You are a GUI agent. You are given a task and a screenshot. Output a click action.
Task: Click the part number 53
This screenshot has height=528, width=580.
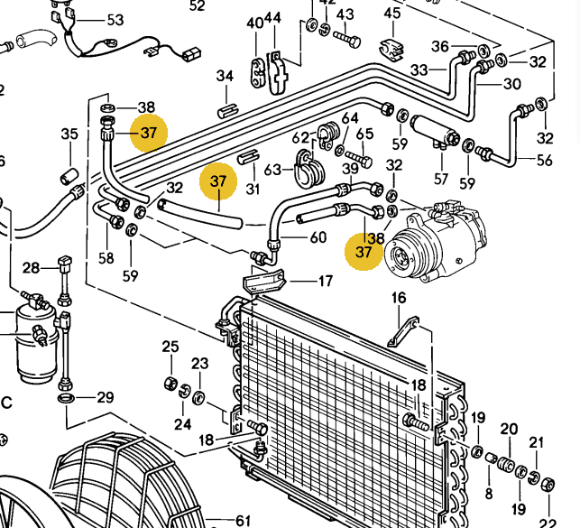click(x=115, y=20)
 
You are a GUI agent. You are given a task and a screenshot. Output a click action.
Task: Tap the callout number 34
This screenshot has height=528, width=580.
click(x=225, y=77)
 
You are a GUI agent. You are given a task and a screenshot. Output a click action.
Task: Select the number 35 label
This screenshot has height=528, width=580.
click(x=69, y=135)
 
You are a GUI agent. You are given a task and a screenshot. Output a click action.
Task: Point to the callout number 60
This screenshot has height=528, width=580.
click(x=318, y=238)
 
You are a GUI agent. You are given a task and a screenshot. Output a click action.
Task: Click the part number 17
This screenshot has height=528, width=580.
click(x=325, y=281)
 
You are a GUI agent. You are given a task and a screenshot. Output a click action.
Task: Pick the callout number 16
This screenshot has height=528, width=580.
click(x=399, y=299)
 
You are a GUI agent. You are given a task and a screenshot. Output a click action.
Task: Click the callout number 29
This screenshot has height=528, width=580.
click(x=106, y=398)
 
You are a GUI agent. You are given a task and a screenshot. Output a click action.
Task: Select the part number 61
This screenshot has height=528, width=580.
click(x=243, y=521)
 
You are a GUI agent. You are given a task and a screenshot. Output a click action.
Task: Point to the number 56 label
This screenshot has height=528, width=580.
click(x=544, y=161)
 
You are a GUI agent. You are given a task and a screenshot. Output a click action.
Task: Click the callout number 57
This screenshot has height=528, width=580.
click(x=441, y=179)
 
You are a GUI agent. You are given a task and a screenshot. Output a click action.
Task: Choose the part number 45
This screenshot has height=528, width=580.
click(x=391, y=13)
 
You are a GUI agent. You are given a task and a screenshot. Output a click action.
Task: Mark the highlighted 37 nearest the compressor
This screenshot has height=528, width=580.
click(x=364, y=252)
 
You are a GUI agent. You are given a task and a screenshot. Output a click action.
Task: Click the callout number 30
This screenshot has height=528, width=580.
click(x=511, y=85)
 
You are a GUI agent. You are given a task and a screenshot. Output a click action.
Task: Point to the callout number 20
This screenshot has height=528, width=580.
click(x=509, y=430)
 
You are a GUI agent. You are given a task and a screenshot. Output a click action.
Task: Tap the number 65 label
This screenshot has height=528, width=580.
click(x=364, y=134)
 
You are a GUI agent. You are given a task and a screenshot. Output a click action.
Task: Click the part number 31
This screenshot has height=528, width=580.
click(x=253, y=189)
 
